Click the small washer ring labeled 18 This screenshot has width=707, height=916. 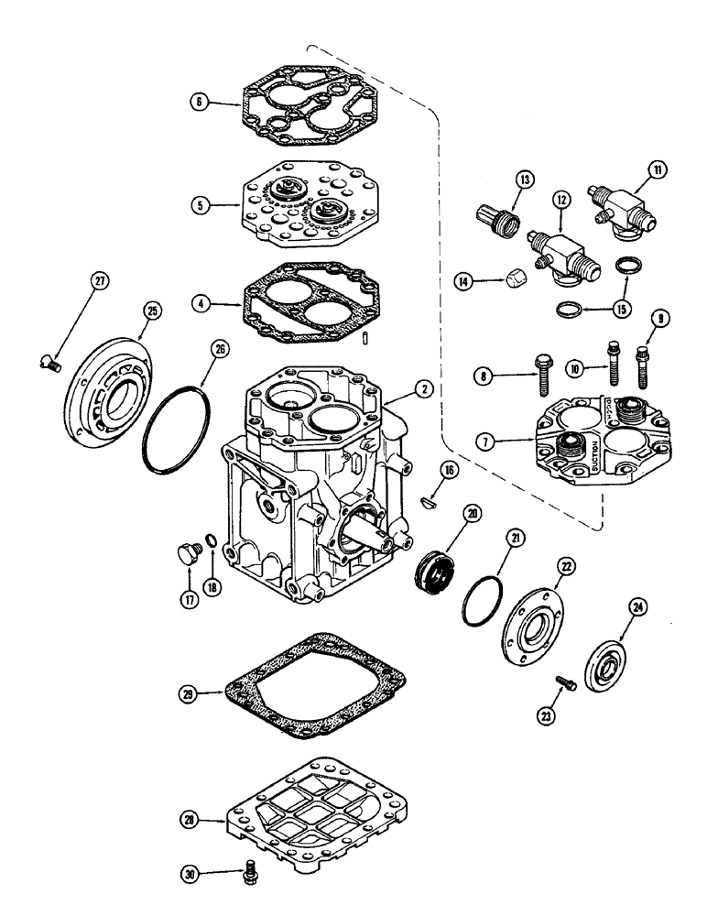pyautogui.click(x=211, y=545)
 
